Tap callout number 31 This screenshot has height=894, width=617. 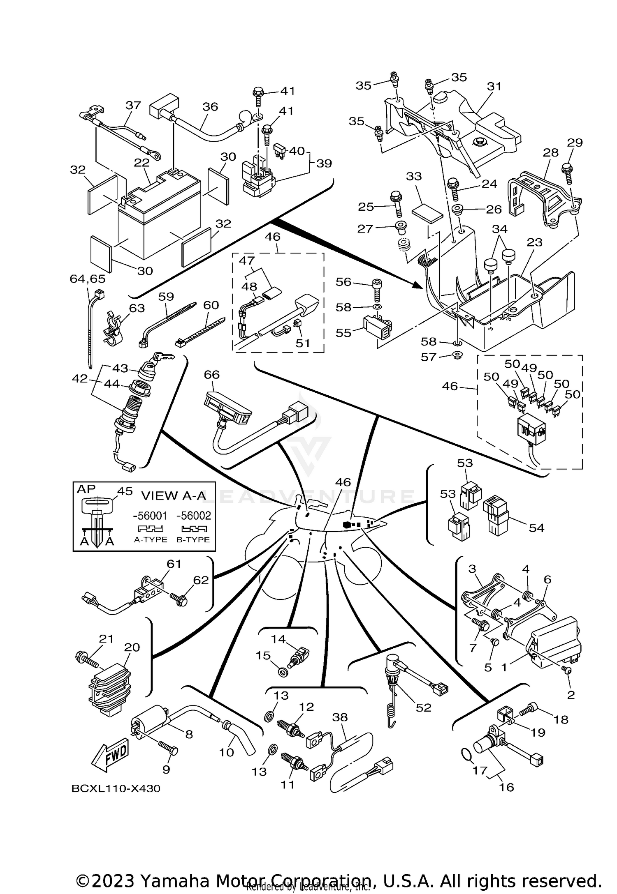pos(494,86)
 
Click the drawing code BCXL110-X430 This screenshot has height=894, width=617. pos(116,788)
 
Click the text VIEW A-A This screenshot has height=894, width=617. pos(174,495)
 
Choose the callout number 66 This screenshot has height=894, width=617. pos(212,374)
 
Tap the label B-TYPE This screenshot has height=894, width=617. pos(193,540)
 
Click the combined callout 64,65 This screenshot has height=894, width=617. pos(88,279)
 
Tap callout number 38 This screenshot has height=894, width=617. pos(340,717)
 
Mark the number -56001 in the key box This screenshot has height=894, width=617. pos(150,516)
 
